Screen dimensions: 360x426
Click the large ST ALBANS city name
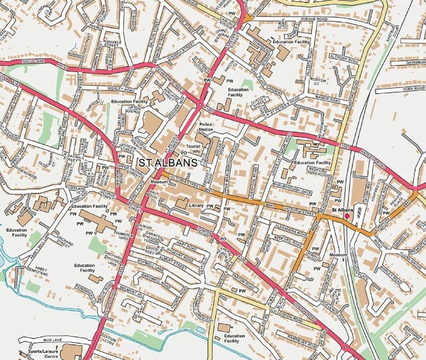[x=164, y=162]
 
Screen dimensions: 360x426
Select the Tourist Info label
[x=193, y=149]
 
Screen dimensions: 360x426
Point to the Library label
[x=196, y=205]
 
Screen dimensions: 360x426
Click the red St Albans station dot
[x=347, y=217]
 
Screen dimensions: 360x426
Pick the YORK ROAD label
[x=414, y=88]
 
